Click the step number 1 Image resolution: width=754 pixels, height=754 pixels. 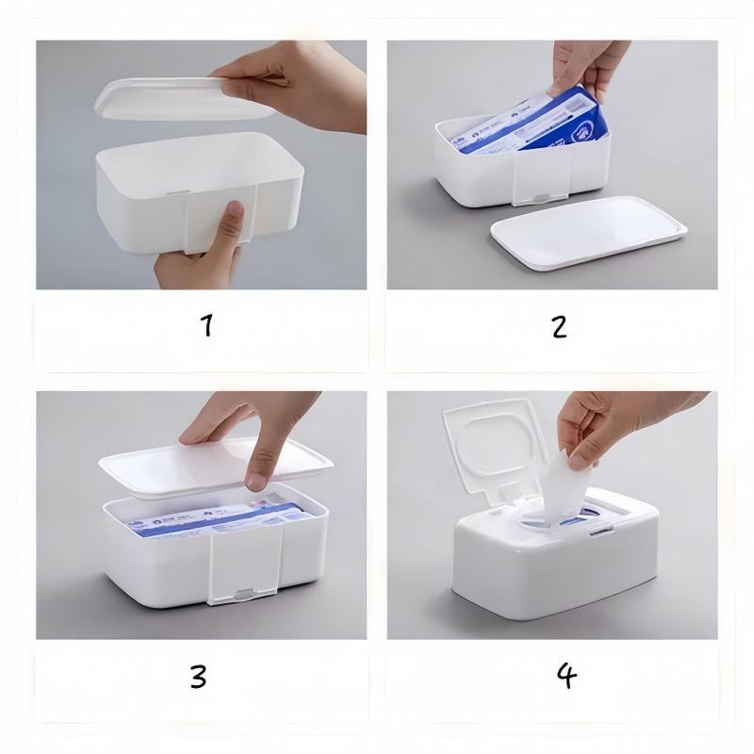pos(205,325)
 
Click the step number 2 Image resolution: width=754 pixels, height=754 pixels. pos(559,326)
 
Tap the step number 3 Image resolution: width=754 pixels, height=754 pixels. pos(198,676)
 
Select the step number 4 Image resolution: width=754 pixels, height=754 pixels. pos(565,676)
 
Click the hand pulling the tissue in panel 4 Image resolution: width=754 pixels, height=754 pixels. pos(622,424)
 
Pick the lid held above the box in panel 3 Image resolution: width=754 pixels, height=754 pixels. pos(170,471)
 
